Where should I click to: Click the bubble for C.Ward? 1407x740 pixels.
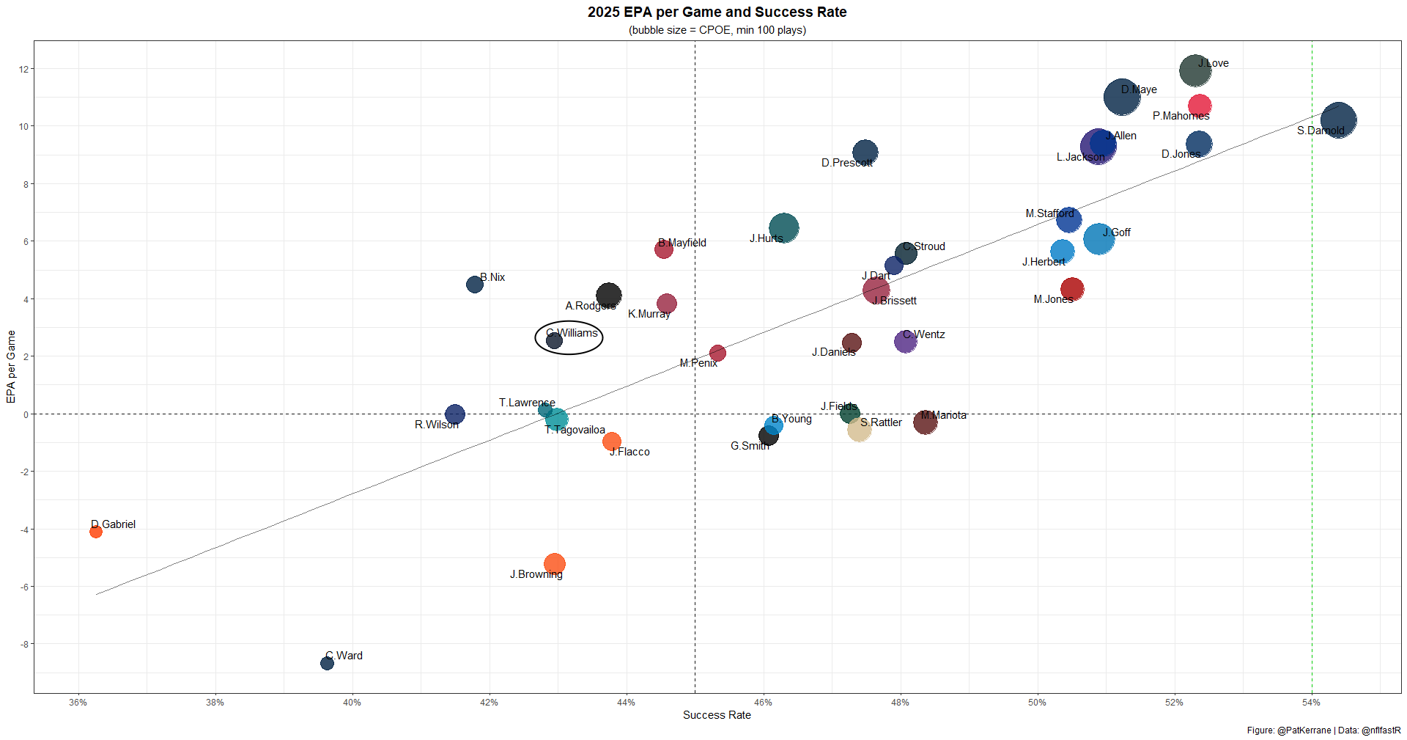pyautogui.click(x=327, y=663)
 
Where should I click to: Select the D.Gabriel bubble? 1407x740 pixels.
pyautogui.click(x=96, y=532)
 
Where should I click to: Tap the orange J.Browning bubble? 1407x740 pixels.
pyautogui.click(x=555, y=564)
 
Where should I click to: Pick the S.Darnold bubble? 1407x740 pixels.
pyautogui.click(x=1338, y=120)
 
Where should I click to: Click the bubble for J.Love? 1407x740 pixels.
pyautogui.click(x=1194, y=71)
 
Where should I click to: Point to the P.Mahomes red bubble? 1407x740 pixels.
pyautogui.click(x=1200, y=106)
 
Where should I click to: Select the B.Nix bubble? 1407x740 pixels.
pyautogui.click(x=475, y=285)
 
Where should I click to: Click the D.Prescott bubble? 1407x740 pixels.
pyautogui.click(x=865, y=153)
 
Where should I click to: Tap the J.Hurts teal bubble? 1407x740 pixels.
pyautogui.click(x=784, y=228)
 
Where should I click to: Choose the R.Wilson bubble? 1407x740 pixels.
pyautogui.click(x=454, y=414)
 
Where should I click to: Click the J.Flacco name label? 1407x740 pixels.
pyautogui.click(x=630, y=452)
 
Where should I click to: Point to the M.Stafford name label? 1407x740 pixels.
pyautogui.click(x=1049, y=213)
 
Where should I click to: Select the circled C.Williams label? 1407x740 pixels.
pyautogui.click(x=572, y=333)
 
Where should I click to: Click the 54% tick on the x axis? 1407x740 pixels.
pyautogui.click(x=1311, y=703)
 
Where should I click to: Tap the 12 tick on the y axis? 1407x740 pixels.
pyautogui.click(x=23, y=70)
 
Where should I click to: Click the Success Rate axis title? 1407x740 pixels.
pyautogui.click(x=717, y=715)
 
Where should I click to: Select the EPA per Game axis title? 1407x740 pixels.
pyautogui.click(x=11, y=367)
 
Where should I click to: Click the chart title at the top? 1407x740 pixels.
pyautogui.click(x=717, y=12)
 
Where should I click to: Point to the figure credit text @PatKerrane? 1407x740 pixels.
pyautogui.click(x=1304, y=730)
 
